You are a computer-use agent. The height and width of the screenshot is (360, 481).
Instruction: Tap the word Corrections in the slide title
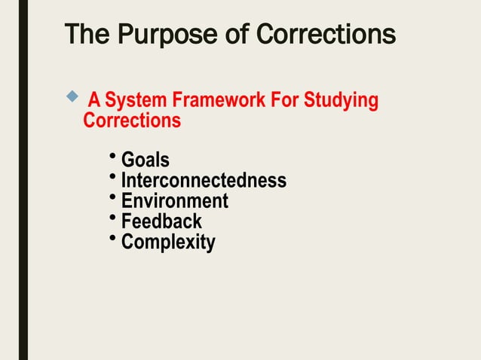326,35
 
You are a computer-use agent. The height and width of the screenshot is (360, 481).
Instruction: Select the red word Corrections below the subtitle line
132,120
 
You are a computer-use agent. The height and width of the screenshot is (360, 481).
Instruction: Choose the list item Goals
145,160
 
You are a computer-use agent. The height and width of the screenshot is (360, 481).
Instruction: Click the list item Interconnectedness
204,181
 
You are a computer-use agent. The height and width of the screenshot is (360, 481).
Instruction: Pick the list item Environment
174,201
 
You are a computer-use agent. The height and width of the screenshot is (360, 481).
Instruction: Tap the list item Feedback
161,221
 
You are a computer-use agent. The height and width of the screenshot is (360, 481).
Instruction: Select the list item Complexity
168,243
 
